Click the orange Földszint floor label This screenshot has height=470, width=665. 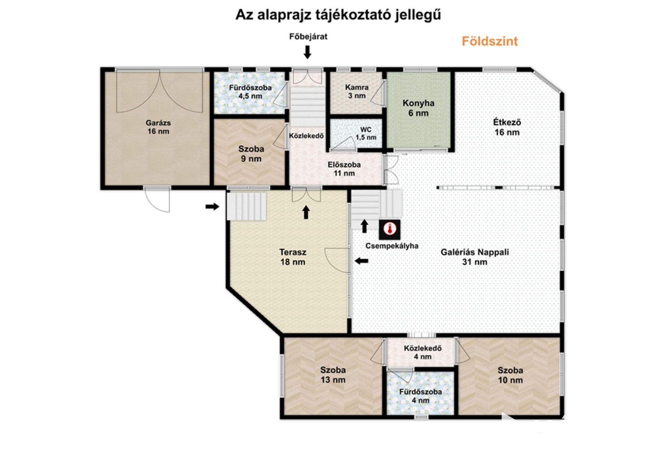coord(490,41)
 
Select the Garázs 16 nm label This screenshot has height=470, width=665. coord(158,127)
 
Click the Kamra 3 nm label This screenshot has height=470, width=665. coord(357,91)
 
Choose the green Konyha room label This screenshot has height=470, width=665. coord(418,108)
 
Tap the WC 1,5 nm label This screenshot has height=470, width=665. coord(366,134)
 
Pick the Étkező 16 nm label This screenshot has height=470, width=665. coord(507,127)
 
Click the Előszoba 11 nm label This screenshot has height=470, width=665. coord(344,169)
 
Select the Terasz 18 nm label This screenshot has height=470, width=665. coord(293,257)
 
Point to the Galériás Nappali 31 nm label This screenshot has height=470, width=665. coord(475,257)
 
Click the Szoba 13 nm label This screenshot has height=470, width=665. coord(333,375)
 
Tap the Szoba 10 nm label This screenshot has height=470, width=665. coord(510,375)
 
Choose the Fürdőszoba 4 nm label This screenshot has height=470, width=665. coord(421,396)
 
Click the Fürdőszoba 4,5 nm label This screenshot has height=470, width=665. coord(250,92)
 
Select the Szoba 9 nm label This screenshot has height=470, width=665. coord(251,154)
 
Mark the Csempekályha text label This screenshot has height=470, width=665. coord(392,246)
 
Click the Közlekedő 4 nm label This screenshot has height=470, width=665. coord(423,352)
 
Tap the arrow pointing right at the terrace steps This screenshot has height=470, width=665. coord(212,207)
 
